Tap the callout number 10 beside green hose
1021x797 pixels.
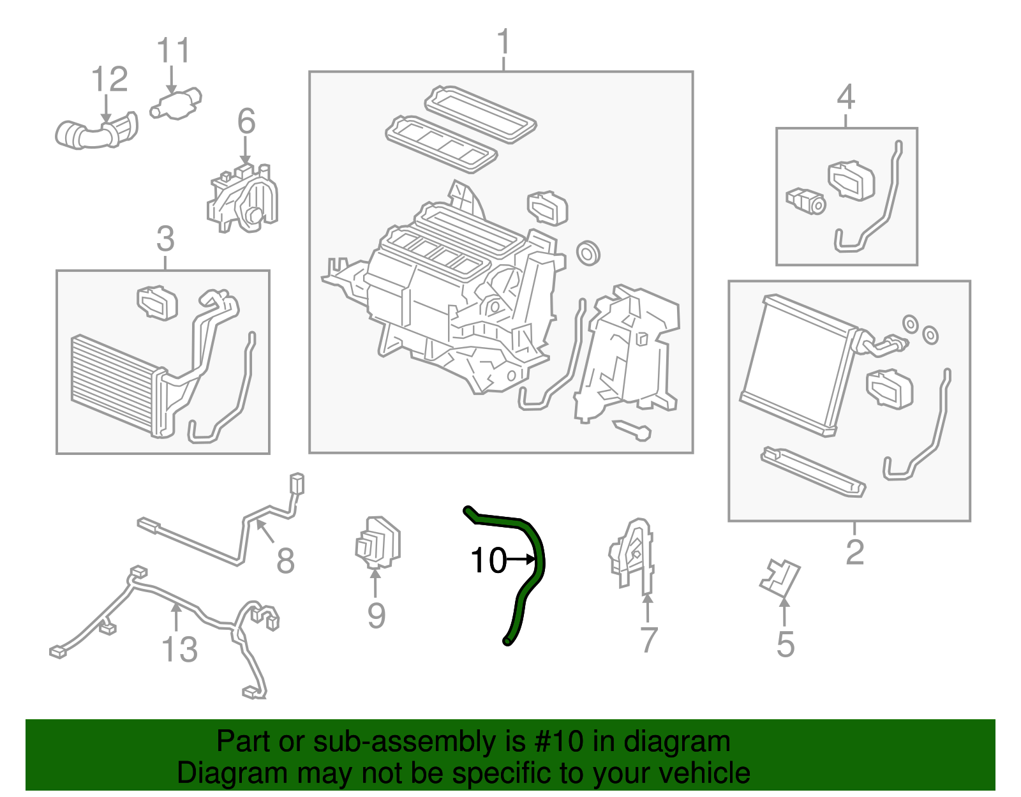pyautogui.click(x=488, y=561)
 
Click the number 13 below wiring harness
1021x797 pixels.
pyautogui.click(x=179, y=650)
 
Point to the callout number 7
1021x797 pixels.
pyautogui.click(x=648, y=640)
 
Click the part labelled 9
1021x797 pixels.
pyautogui.click(x=378, y=543)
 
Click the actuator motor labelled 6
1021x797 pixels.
pyautogui.click(x=244, y=198)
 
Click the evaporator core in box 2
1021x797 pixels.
pyautogui.click(x=798, y=364)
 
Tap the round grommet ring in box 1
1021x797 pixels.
pyautogui.click(x=588, y=253)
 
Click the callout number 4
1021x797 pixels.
pyautogui.click(x=846, y=98)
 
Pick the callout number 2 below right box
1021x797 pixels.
pyautogui.click(x=854, y=552)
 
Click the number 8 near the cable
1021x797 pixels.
pyautogui.click(x=285, y=562)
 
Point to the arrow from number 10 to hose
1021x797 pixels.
pyautogui.click(x=522, y=560)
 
